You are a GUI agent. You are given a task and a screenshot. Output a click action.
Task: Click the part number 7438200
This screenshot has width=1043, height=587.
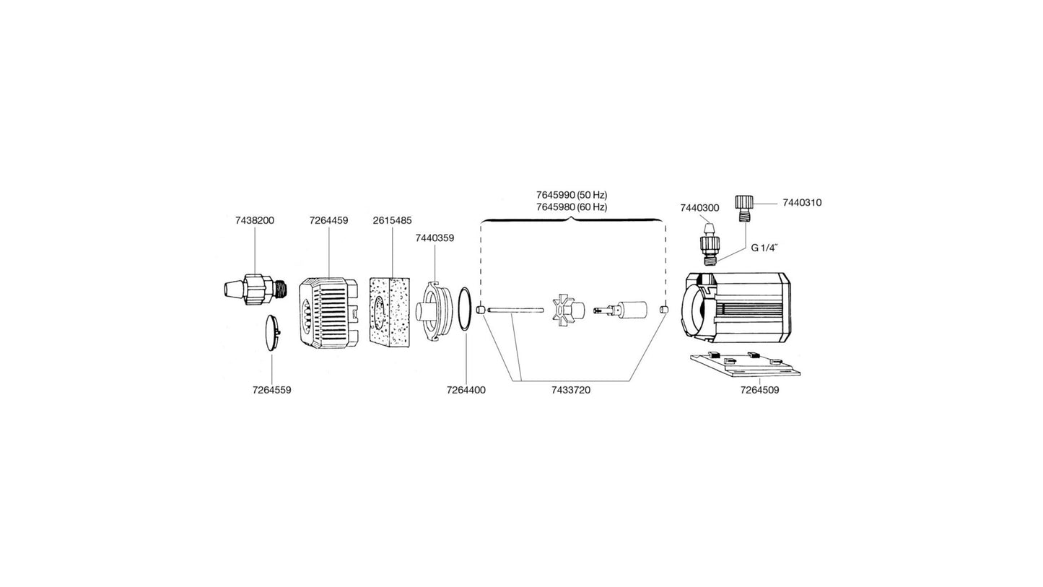(x=254, y=220)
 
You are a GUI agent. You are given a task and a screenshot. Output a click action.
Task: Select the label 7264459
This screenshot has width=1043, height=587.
(x=328, y=220)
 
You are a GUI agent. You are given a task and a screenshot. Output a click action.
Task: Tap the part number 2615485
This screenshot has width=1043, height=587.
(x=392, y=220)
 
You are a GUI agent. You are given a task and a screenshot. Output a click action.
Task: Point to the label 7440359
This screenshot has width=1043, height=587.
(x=435, y=238)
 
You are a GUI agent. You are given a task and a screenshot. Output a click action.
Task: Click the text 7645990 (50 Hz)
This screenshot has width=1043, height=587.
(x=571, y=195)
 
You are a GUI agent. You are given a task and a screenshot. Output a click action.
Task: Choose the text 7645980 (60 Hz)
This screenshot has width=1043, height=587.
(x=571, y=207)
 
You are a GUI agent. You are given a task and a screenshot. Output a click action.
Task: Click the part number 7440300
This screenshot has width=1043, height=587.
(x=699, y=208)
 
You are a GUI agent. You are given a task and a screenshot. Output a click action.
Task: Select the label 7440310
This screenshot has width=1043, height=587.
(x=802, y=203)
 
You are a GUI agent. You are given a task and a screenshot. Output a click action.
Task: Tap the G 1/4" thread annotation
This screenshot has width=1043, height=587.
(x=764, y=248)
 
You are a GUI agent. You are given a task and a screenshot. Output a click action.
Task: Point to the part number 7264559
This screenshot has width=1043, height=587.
(x=271, y=390)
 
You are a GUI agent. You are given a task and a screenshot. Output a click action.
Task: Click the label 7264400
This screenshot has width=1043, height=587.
(x=466, y=390)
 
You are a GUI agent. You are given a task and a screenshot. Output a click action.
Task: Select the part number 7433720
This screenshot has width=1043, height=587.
(x=570, y=390)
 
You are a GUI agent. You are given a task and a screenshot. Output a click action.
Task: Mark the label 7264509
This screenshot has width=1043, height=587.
(x=759, y=390)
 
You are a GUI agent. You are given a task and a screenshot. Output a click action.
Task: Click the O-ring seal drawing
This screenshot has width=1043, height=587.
(x=466, y=309)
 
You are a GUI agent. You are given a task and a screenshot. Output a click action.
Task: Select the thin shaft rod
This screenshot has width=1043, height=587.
(x=515, y=310)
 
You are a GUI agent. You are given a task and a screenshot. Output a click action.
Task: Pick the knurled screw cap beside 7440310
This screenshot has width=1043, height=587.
(x=744, y=207)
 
